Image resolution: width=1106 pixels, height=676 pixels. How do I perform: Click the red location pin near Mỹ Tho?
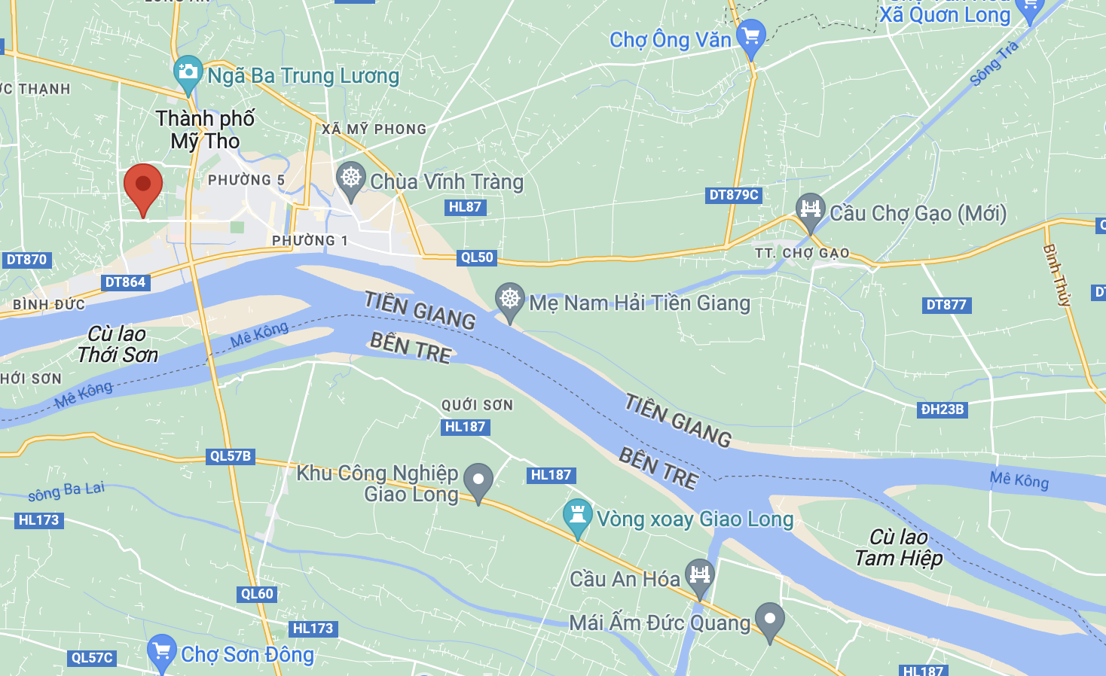pyautogui.click(x=142, y=185)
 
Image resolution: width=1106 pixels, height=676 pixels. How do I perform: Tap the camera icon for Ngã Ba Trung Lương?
pyautogui.click(x=188, y=73)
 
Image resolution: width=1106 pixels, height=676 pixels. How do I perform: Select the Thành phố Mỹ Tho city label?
pyautogui.click(x=205, y=129)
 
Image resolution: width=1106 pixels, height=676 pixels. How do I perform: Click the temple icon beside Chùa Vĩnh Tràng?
pyautogui.click(x=351, y=179)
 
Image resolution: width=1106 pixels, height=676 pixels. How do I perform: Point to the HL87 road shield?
pyautogui.click(x=465, y=207)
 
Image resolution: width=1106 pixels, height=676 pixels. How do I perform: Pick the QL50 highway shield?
pyautogui.click(x=477, y=257)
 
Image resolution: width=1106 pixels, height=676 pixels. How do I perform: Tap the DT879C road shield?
pyautogui.click(x=734, y=195)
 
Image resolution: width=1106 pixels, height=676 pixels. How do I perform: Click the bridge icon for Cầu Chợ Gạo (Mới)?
pyautogui.click(x=810, y=210)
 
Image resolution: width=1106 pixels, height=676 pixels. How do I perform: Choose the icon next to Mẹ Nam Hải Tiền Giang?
pyautogui.click(x=510, y=300)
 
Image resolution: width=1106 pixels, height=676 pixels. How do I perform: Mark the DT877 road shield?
pyautogui.click(x=946, y=305)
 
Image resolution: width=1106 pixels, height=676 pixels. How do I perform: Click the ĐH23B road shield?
pyautogui.click(x=942, y=410)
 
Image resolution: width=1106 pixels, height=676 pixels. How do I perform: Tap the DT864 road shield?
pyautogui.click(x=125, y=282)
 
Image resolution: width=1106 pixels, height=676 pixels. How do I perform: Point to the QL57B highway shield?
pyautogui.click(x=231, y=456)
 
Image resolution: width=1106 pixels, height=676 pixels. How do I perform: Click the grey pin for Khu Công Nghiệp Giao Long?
pyautogui.click(x=478, y=480)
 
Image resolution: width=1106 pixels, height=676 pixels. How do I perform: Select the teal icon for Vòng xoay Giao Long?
pyautogui.click(x=578, y=516)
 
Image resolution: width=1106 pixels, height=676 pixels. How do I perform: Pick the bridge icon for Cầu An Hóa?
pyautogui.click(x=699, y=577)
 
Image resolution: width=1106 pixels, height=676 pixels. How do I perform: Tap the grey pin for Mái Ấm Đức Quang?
pyautogui.click(x=769, y=620)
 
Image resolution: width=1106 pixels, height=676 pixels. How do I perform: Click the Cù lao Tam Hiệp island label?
pyautogui.click(x=898, y=547)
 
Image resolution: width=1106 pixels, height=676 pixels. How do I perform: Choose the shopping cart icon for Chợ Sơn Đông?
pyautogui.click(x=161, y=651)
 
